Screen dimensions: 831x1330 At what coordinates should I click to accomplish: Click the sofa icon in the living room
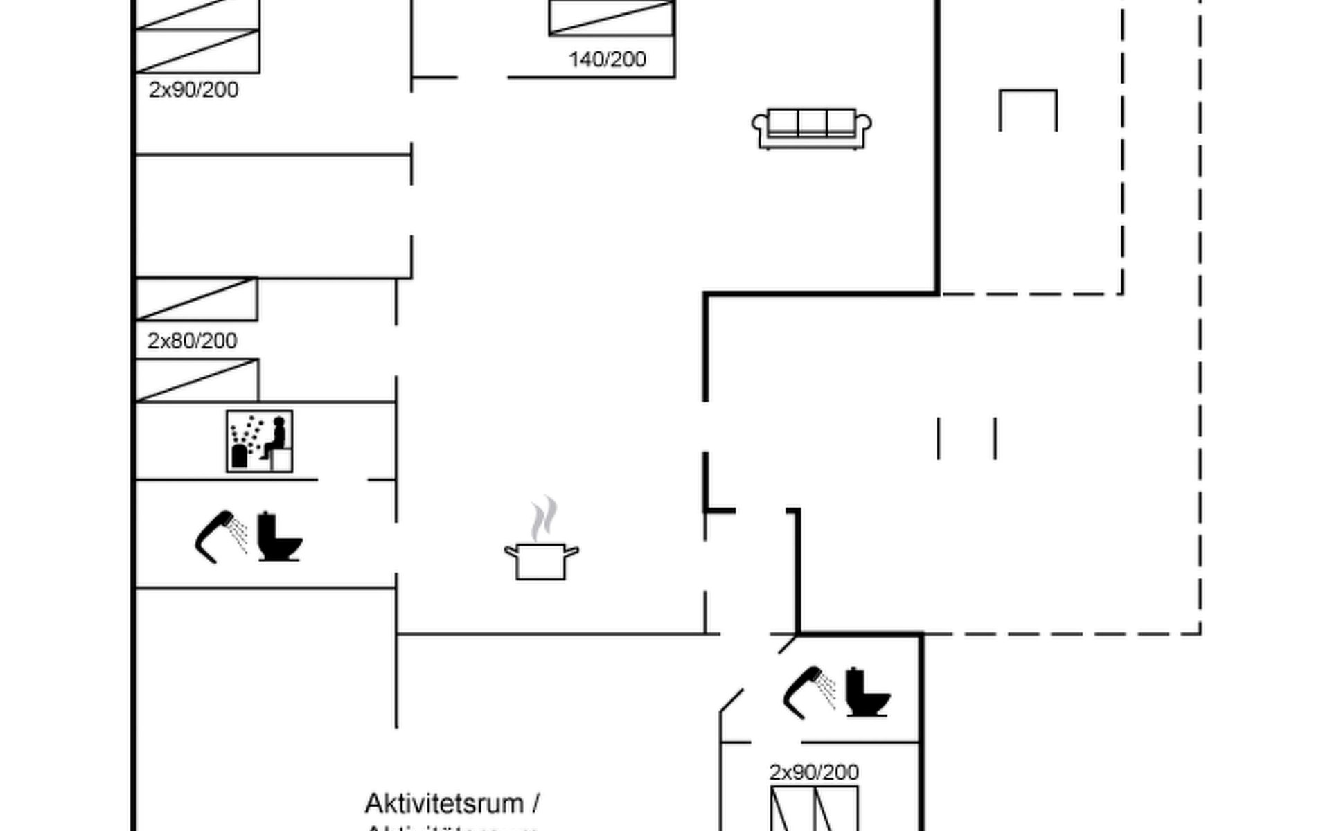[x=811, y=128]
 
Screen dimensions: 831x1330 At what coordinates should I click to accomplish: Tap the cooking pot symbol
[x=541, y=561]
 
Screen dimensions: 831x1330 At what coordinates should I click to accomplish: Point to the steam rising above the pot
[x=544, y=518]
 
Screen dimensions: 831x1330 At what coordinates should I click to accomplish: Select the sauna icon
[x=259, y=441]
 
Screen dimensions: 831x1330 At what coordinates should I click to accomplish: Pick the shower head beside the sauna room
[x=220, y=537]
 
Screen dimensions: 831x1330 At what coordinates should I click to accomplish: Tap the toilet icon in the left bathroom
[x=279, y=537]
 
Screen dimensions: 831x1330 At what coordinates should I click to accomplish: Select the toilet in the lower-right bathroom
[x=867, y=692]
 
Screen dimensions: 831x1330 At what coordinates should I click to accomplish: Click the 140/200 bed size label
[x=608, y=60]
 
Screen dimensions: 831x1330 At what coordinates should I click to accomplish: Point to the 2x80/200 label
[x=192, y=341]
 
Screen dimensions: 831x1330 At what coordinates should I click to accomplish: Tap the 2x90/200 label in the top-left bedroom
[x=193, y=90]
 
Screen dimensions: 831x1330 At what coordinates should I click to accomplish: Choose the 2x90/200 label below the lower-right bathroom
[x=814, y=772]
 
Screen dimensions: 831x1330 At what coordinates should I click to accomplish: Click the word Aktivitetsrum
[x=444, y=804]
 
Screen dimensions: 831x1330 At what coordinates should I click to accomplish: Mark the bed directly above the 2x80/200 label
[x=197, y=299]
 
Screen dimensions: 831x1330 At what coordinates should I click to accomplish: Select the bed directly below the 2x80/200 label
[x=197, y=380]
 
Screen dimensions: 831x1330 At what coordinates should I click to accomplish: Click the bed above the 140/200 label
[x=611, y=17]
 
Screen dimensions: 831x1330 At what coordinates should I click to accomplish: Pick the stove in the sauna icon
[x=240, y=456]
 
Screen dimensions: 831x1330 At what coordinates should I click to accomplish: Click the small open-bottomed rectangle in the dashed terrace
[x=1028, y=109]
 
